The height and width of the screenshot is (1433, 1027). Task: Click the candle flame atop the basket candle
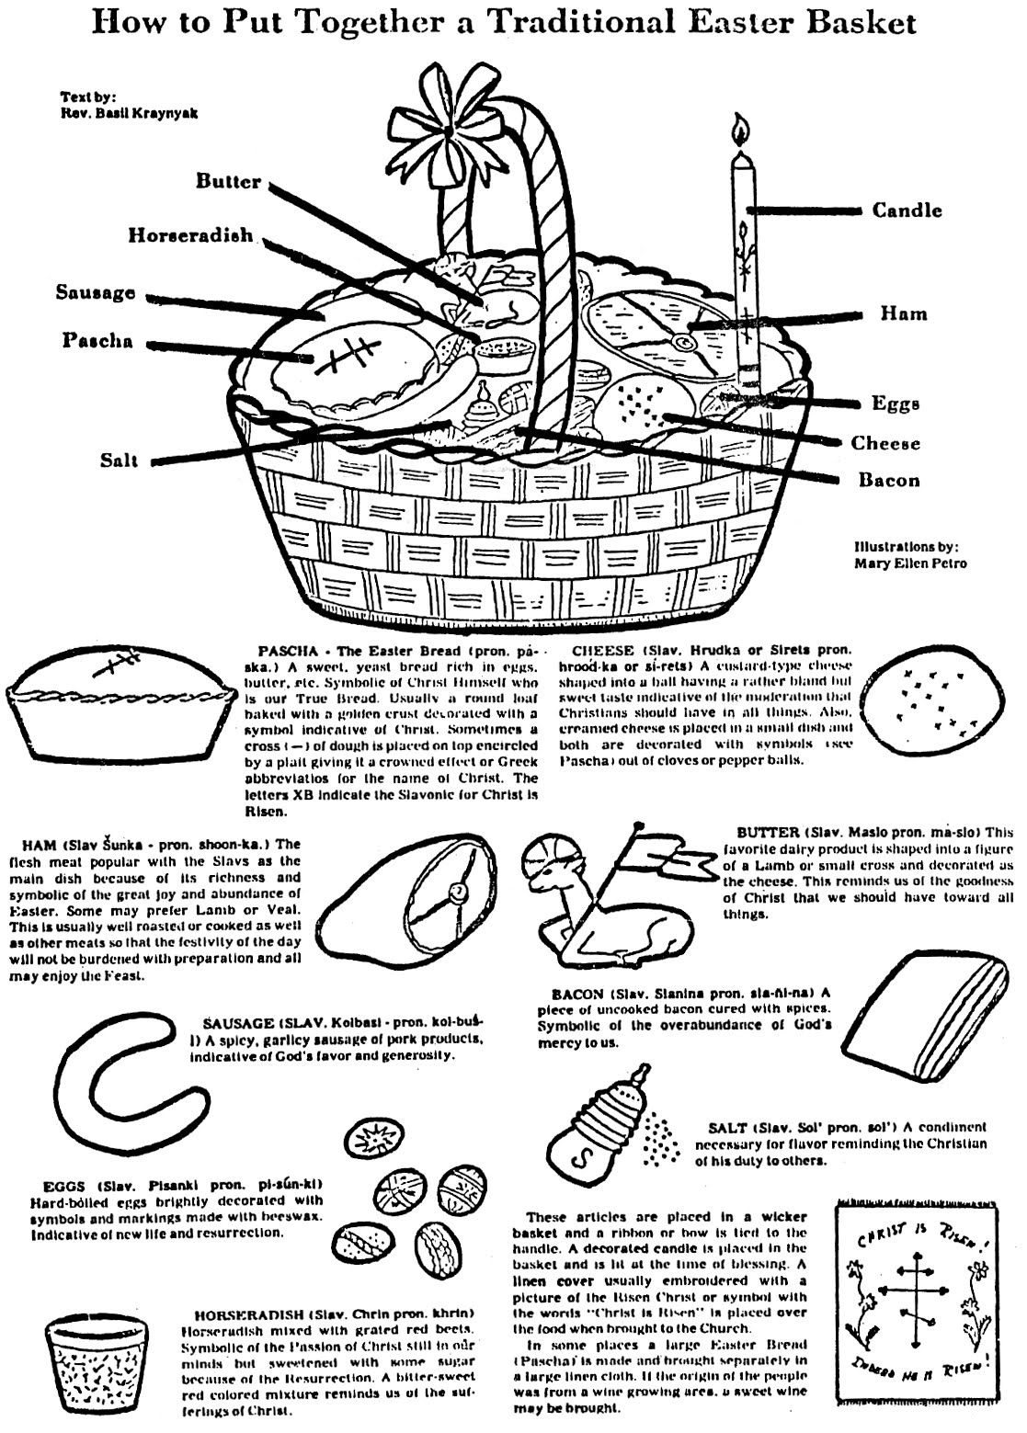pyautogui.click(x=739, y=131)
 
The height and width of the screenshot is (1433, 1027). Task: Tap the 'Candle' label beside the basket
pyautogui.click(x=907, y=210)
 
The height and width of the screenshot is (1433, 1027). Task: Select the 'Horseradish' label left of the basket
pyautogui.click(x=190, y=235)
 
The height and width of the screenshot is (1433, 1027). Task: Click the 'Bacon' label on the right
pyautogui.click(x=888, y=480)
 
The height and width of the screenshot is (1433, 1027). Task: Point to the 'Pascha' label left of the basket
pyautogui.click(x=97, y=341)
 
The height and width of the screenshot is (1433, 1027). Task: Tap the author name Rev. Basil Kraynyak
pyautogui.click(x=129, y=113)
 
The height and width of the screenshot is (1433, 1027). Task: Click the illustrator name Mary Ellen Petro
pyautogui.click(x=910, y=563)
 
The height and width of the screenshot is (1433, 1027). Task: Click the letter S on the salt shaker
pyautogui.click(x=579, y=1161)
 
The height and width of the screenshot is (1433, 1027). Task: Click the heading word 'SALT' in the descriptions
pyautogui.click(x=728, y=1127)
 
